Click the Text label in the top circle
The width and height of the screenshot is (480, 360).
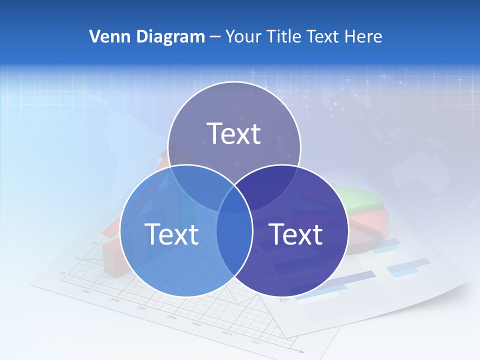[234, 133]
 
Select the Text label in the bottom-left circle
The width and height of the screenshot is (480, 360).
[171, 233]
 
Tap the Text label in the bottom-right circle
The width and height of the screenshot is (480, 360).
[295, 233]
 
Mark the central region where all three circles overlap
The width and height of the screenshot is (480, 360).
[234, 197]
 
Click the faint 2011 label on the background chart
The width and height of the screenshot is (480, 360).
[255, 342]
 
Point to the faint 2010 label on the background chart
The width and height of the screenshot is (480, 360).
[226, 333]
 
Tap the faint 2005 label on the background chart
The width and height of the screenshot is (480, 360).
[86, 291]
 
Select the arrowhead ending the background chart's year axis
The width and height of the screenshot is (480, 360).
[301, 351]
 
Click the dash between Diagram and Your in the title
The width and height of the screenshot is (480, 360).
[215, 37]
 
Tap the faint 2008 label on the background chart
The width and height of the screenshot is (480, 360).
[171, 317]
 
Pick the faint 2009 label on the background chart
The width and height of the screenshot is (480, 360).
[196, 324]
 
